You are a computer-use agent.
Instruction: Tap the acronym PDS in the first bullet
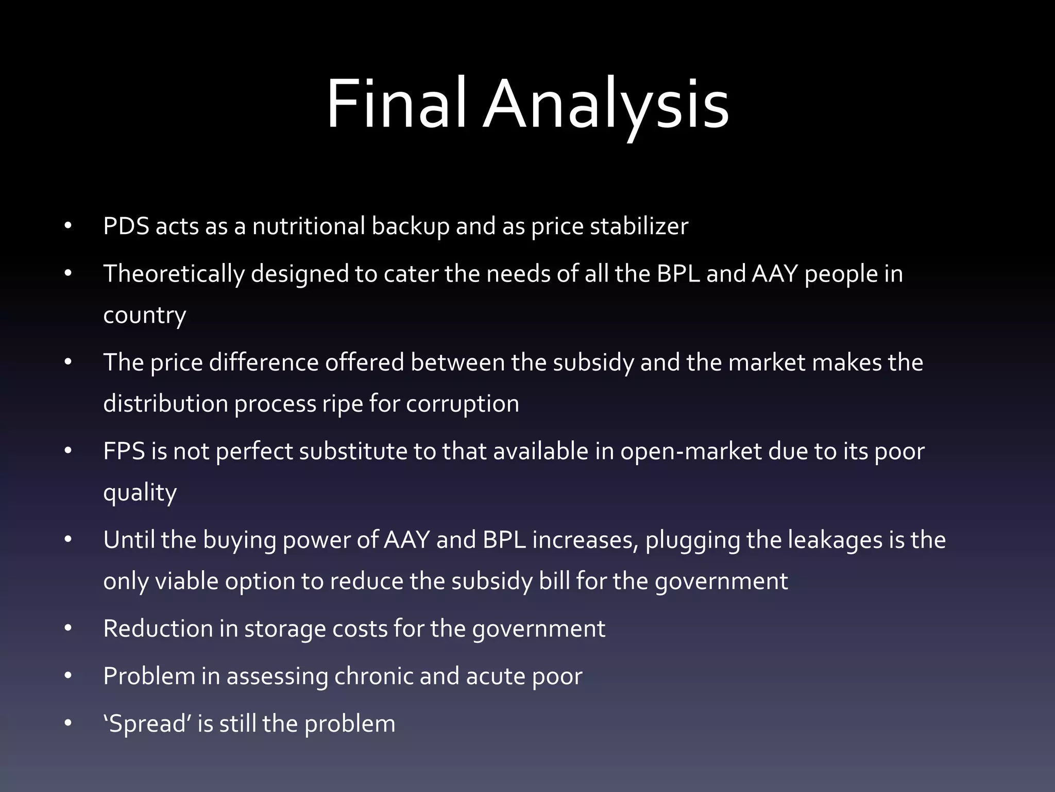point(126,226)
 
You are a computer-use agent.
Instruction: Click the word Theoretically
point(174,274)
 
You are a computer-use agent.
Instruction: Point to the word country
point(144,315)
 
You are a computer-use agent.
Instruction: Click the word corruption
point(462,404)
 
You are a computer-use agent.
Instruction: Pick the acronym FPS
point(124,451)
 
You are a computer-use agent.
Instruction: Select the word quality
point(140,493)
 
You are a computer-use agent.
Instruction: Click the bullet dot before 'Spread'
point(68,723)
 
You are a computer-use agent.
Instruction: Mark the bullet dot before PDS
point(68,226)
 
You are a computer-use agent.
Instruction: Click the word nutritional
point(309,226)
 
